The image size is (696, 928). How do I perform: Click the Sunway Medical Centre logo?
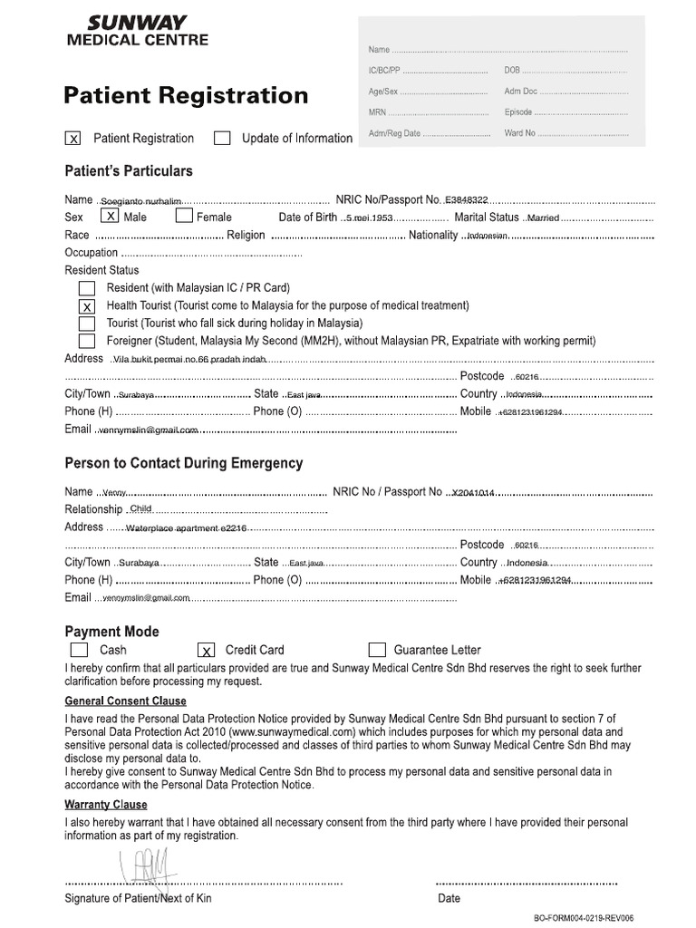coord(138,30)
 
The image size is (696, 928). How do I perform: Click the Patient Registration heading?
coord(186,95)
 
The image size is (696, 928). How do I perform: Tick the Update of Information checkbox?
coord(222,139)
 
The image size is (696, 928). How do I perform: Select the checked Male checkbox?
coord(110,217)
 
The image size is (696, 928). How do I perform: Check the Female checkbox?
coord(184,217)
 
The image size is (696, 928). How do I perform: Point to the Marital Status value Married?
coord(543,218)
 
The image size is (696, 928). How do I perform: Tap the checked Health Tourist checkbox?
coord(87,306)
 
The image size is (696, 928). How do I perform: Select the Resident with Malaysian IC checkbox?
coord(87,288)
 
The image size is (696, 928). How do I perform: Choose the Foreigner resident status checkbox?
coord(87,342)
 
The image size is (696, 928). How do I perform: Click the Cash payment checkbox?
coord(79,650)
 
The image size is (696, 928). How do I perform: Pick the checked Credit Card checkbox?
coord(206,650)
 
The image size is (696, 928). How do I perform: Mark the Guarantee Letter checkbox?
coord(377,650)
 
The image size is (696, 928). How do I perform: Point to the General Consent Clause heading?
coord(125,701)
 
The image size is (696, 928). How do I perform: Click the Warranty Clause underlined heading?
coord(106,805)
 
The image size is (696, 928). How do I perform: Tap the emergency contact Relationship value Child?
coord(141,509)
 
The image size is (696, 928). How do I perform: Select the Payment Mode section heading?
coord(111,631)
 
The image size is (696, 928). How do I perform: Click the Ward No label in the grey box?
coord(520,133)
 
